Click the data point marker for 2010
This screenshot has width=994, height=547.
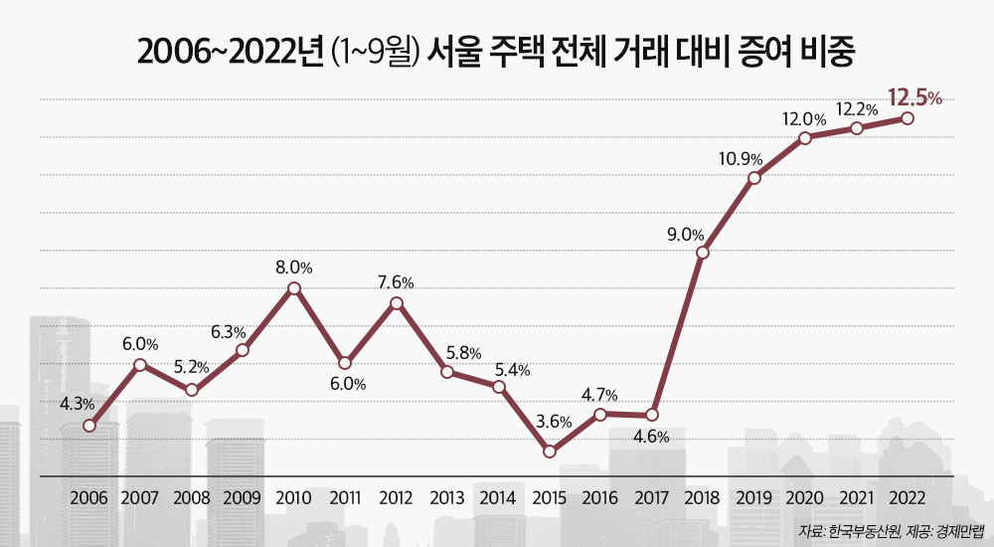coord(293,288)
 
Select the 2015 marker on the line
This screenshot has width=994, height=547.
coord(550,451)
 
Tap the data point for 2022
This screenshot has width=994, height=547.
coord(908,118)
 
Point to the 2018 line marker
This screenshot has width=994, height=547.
coord(703,253)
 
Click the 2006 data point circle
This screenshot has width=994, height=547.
coord(89,426)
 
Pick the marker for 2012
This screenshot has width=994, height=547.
coord(396,303)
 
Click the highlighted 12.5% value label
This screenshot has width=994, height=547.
coord(914,97)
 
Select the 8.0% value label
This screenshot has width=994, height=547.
coord(294,267)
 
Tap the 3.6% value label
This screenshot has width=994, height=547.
coord(553,422)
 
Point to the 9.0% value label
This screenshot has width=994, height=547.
coord(685,236)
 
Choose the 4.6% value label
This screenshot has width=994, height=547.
coord(651,436)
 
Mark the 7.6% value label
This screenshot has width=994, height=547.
coord(396,282)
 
